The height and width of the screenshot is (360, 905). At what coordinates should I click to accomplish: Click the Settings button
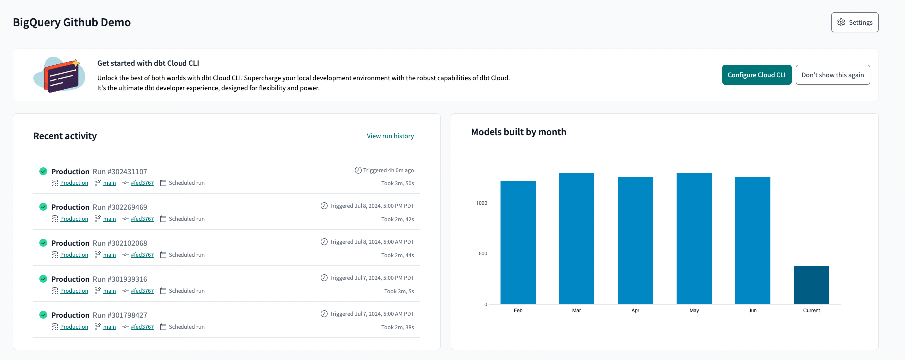coord(854,22)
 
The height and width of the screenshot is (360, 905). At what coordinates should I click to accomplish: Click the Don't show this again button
coord(832,75)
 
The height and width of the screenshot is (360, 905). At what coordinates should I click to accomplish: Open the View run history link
coord(390,136)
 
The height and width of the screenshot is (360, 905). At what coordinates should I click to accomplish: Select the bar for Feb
coord(518,242)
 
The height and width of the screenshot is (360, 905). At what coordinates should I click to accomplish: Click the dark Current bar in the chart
coord(811,285)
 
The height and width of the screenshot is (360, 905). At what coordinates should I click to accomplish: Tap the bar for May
coord(694,238)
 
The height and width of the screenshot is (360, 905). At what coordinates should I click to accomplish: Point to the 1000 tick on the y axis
coord(482,203)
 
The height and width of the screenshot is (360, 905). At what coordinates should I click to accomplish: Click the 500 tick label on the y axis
coord(483,254)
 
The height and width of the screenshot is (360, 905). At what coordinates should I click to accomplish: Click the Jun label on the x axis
coord(752,311)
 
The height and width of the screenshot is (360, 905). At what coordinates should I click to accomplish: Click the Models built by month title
coord(519,132)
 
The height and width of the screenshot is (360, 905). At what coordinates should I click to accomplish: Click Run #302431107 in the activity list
coord(120,171)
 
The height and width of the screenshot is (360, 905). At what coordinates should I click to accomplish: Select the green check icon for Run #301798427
coord(43,315)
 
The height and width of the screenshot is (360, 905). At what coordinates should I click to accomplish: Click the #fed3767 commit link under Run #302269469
coord(142,219)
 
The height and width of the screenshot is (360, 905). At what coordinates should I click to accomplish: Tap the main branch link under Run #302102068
coord(109,255)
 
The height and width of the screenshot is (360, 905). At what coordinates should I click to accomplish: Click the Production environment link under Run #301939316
coord(74,291)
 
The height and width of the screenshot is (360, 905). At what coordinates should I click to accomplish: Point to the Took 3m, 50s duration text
coord(397,183)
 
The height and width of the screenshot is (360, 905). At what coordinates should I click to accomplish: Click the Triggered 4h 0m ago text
coord(388,170)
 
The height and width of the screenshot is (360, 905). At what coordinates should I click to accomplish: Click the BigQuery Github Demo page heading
coord(72,22)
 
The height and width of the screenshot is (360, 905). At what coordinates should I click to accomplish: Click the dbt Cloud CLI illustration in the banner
coord(59,75)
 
